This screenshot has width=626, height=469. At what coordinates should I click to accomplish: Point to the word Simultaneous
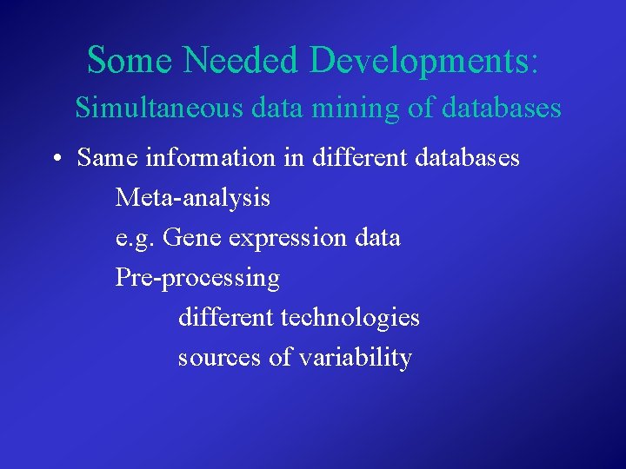160,109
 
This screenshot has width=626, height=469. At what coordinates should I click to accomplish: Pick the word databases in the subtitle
502,109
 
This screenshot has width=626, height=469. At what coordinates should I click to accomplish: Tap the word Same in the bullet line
106,158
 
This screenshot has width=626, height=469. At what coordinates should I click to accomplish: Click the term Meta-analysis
193,198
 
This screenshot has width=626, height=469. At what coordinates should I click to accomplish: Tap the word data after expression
377,237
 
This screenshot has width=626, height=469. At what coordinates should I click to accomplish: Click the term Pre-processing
198,279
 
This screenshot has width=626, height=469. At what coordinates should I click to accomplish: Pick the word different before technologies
226,317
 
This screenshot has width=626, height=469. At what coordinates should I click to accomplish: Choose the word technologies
350,319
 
